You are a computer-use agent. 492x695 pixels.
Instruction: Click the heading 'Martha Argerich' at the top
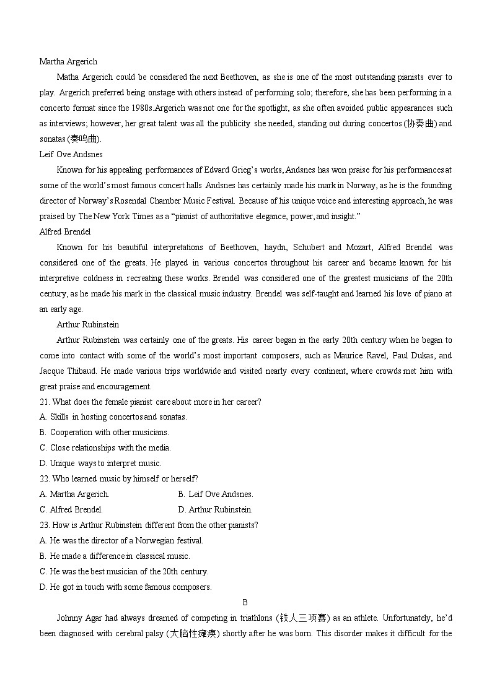(68, 61)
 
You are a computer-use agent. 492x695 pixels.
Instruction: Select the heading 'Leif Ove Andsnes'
(71, 154)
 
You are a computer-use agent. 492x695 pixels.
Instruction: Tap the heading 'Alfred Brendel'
(65, 231)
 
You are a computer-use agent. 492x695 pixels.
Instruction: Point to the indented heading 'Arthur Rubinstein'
(87, 324)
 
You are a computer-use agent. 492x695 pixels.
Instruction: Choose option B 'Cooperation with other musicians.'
(104, 432)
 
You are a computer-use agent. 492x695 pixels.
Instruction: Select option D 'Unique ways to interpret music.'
(100, 463)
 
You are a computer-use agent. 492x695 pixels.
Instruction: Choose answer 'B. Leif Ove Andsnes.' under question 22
(216, 494)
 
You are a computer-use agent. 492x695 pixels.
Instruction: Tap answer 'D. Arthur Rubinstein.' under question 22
(215, 509)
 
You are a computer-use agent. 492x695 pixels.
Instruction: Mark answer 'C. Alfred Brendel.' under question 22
(71, 509)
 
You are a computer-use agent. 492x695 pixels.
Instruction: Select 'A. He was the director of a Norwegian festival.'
(121, 540)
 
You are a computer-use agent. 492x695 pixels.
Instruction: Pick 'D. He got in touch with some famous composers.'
(126, 587)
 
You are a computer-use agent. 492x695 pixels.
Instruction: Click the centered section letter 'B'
(245, 602)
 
